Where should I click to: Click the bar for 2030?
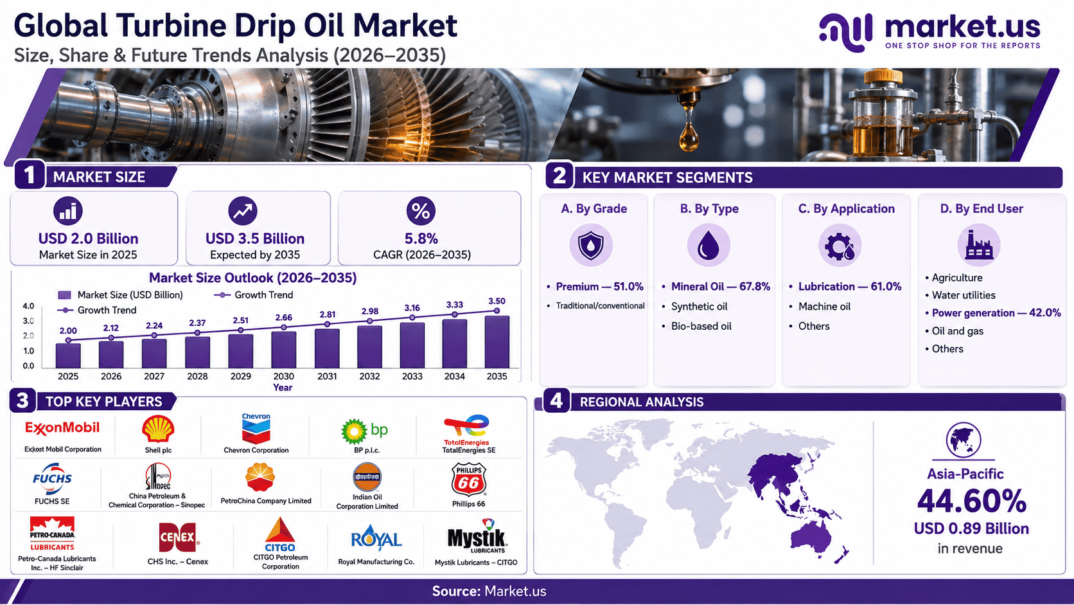pyautogui.click(x=283, y=350)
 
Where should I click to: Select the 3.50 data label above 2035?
pyautogui.click(x=497, y=301)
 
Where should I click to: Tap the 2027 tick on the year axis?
pyautogui.click(x=154, y=376)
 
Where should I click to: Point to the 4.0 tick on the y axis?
pyautogui.click(x=28, y=305)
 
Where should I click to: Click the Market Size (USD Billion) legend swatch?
pyautogui.click(x=64, y=294)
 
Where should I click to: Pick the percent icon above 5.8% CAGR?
pyautogui.click(x=421, y=211)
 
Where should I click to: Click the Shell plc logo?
pyautogui.click(x=158, y=428)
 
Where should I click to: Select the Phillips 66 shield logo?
pyautogui.click(x=468, y=479)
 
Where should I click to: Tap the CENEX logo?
pyautogui.click(x=178, y=537)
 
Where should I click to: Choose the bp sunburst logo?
pyautogui.click(x=354, y=431)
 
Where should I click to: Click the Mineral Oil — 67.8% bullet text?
pyautogui.click(x=721, y=287)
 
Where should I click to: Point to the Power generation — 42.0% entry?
pyautogui.click(x=996, y=313)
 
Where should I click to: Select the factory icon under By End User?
pyautogui.click(x=979, y=245)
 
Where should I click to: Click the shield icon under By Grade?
pyautogui.click(x=591, y=245)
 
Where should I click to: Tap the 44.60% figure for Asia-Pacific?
pyautogui.click(x=971, y=500)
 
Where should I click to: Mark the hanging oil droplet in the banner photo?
pyautogui.click(x=689, y=131)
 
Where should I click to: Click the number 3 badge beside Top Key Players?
pyautogui.click(x=22, y=401)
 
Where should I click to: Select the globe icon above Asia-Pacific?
pyautogui.click(x=964, y=440)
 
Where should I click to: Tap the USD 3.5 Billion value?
pyautogui.click(x=255, y=239)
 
